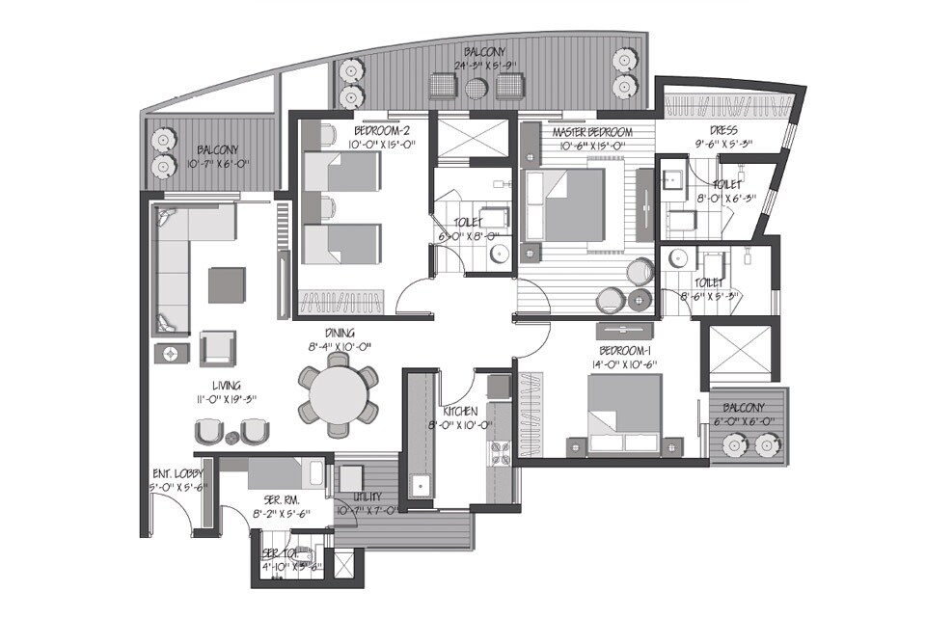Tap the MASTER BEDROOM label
(592, 132)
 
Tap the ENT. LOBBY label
(178, 473)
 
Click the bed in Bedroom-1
(625, 410)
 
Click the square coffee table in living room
(228, 284)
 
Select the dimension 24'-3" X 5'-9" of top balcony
(487, 67)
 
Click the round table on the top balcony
(477, 89)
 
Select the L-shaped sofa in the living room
(178, 260)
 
